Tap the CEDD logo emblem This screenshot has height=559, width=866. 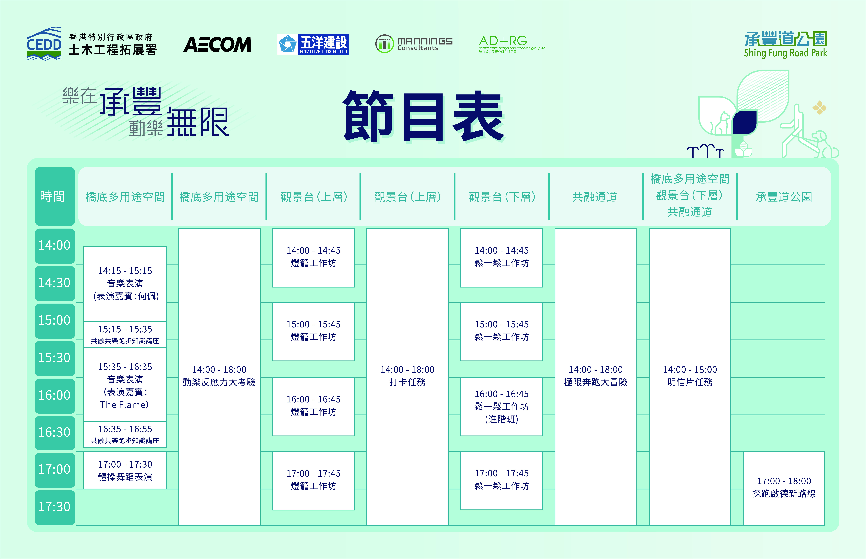(44, 44)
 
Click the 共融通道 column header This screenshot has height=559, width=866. (595, 197)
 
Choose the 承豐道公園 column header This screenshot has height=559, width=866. (784, 197)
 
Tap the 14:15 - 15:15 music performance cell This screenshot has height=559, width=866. (125, 284)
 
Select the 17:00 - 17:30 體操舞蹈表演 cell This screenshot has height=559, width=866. (125, 470)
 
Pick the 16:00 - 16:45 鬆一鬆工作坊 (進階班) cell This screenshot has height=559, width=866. (502, 407)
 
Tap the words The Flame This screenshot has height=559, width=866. (124, 405)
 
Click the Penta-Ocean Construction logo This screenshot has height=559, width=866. (313, 44)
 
